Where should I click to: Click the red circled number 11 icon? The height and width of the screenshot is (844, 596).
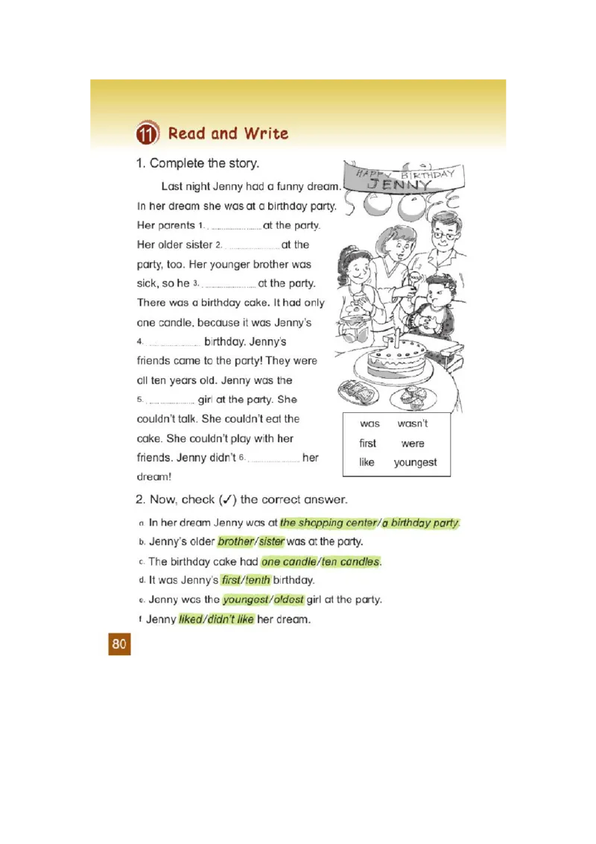click(x=147, y=134)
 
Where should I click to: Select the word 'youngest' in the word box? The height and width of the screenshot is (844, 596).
click(x=415, y=462)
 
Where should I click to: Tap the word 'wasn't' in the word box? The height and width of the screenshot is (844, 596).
click(x=412, y=423)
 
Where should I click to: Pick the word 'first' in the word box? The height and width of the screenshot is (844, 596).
click(x=368, y=443)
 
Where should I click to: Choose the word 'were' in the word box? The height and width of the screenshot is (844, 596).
click(x=412, y=443)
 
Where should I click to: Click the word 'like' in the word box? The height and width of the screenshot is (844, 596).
click(x=367, y=462)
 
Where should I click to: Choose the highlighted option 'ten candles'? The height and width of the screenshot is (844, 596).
click(x=350, y=561)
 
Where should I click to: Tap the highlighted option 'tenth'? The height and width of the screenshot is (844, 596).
click(x=257, y=580)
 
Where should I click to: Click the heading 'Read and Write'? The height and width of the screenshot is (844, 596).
click(x=228, y=133)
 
